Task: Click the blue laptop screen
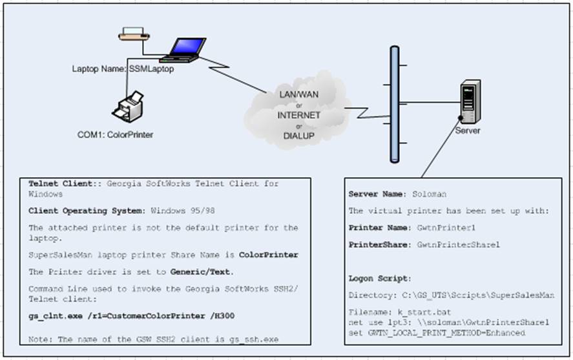pyautogui.click(x=189, y=47)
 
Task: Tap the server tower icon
pyautogui.click(x=470, y=101)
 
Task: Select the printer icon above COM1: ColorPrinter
pyautogui.click(x=127, y=107)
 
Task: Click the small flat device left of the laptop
pyautogui.click(x=134, y=34)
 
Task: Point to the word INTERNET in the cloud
pyautogui.click(x=298, y=116)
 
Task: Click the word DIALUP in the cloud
pyautogui.click(x=298, y=136)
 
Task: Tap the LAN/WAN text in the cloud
pyautogui.click(x=298, y=94)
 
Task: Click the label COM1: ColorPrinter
pyautogui.click(x=115, y=135)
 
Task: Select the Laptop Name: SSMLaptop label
pyautogui.click(x=123, y=69)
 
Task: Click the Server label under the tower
pyautogui.click(x=468, y=131)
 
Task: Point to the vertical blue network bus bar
pyautogui.click(x=395, y=104)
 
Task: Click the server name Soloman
pyautogui.click(x=430, y=194)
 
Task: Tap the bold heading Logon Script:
pyautogui.click(x=380, y=279)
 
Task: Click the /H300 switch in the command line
pyautogui.click(x=222, y=316)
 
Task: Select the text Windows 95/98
pyautogui.click(x=183, y=211)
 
